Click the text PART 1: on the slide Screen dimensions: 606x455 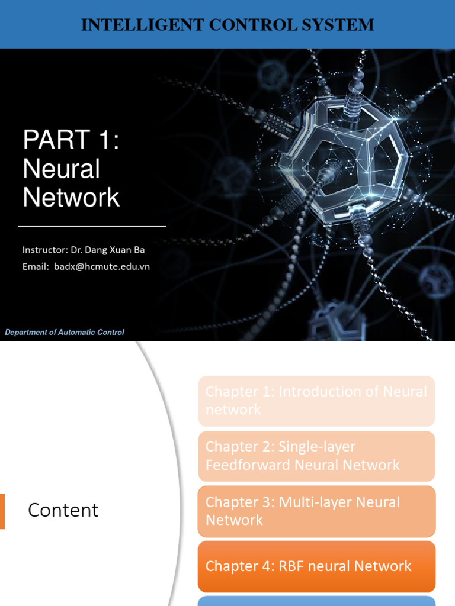click(71, 141)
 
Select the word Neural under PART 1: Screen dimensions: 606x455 click(61, 169)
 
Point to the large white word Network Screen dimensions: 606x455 click(71, 197)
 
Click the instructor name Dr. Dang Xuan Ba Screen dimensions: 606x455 click(110, 250)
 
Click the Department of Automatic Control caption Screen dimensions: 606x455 click(65, 332)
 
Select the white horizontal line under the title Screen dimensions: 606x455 click(92, 226)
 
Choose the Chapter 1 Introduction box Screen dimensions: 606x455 click(316, 401)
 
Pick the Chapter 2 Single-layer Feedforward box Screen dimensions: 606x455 click(316, 456)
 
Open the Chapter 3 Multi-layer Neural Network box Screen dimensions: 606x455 click(316, 511)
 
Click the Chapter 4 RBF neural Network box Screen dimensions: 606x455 click(316, 566)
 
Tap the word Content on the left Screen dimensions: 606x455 click(63, 510)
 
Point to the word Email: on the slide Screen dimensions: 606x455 click(36, 266)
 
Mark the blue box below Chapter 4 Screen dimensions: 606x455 click(316, 601)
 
